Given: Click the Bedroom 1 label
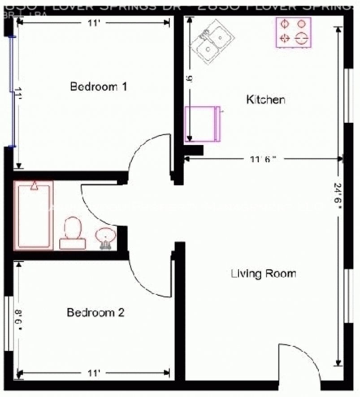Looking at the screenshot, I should click(99, 86).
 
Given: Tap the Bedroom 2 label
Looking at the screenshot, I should click(95, 312).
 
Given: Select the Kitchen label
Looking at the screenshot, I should click(265, 99).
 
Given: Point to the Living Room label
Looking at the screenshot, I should click(263, 273).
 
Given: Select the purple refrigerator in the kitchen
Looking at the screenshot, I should click(202, 124).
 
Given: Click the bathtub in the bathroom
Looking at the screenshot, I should click(34, 215).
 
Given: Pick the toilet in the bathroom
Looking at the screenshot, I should click(72, 233).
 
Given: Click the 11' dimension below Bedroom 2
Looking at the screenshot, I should click(93, 373).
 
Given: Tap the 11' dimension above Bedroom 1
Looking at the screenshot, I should click(93, 23).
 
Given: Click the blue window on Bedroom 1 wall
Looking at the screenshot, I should click(12, 92).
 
